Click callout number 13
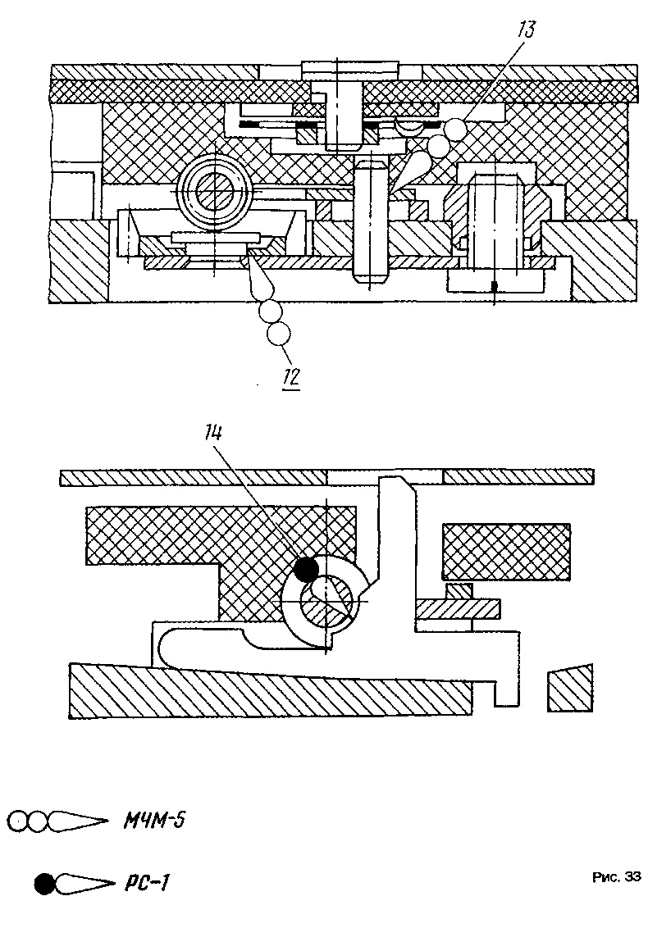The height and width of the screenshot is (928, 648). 526,30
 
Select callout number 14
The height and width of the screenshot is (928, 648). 213,434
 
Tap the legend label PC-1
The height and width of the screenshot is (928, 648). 147,885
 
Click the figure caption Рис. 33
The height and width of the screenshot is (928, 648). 617,877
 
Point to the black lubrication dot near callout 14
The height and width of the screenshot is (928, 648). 306,570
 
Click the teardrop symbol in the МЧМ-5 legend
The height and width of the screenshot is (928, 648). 78,821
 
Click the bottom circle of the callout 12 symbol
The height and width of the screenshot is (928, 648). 278,334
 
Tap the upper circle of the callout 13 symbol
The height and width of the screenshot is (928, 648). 455,126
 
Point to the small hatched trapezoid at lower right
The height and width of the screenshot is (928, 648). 570,688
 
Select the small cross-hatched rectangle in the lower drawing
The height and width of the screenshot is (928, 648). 507,552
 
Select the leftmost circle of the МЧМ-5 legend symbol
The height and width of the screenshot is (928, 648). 19,821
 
